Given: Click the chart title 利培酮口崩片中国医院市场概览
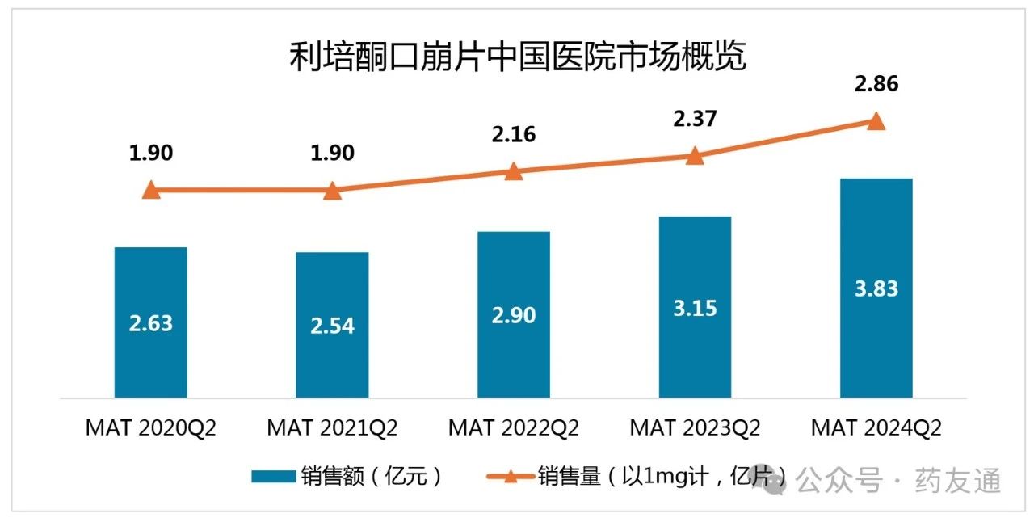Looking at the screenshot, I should (517, 58).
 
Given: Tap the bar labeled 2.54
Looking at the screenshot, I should (332, 325).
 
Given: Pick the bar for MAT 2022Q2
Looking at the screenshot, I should (514, 314).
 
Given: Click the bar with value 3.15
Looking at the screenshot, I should (695, 307).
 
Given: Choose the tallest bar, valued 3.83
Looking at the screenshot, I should (876, 288).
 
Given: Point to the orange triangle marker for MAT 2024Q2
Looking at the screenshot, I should (876, 121).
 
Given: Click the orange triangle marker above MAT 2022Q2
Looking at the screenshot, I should (514, 170).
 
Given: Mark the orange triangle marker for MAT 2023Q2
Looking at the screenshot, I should (695, 156).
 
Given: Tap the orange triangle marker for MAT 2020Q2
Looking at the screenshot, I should (151, 191).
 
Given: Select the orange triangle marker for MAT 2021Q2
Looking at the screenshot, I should (332, 191).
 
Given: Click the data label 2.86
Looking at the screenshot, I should (876, 84).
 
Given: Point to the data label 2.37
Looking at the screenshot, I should (695, 119).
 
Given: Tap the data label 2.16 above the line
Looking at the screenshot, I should (514, 133).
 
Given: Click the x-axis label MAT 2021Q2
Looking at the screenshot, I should (332, 427).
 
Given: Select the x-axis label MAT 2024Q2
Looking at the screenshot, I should (876, 427).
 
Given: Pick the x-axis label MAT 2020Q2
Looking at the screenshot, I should (151, 427).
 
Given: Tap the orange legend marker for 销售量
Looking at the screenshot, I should (510, 477).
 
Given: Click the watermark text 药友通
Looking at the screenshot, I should (957, 481).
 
